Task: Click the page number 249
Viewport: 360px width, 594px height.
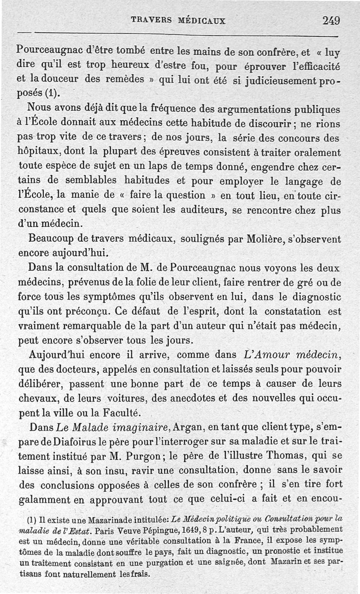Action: (x=331, y=20)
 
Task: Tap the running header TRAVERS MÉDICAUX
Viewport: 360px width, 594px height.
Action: (x=178, y=21)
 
